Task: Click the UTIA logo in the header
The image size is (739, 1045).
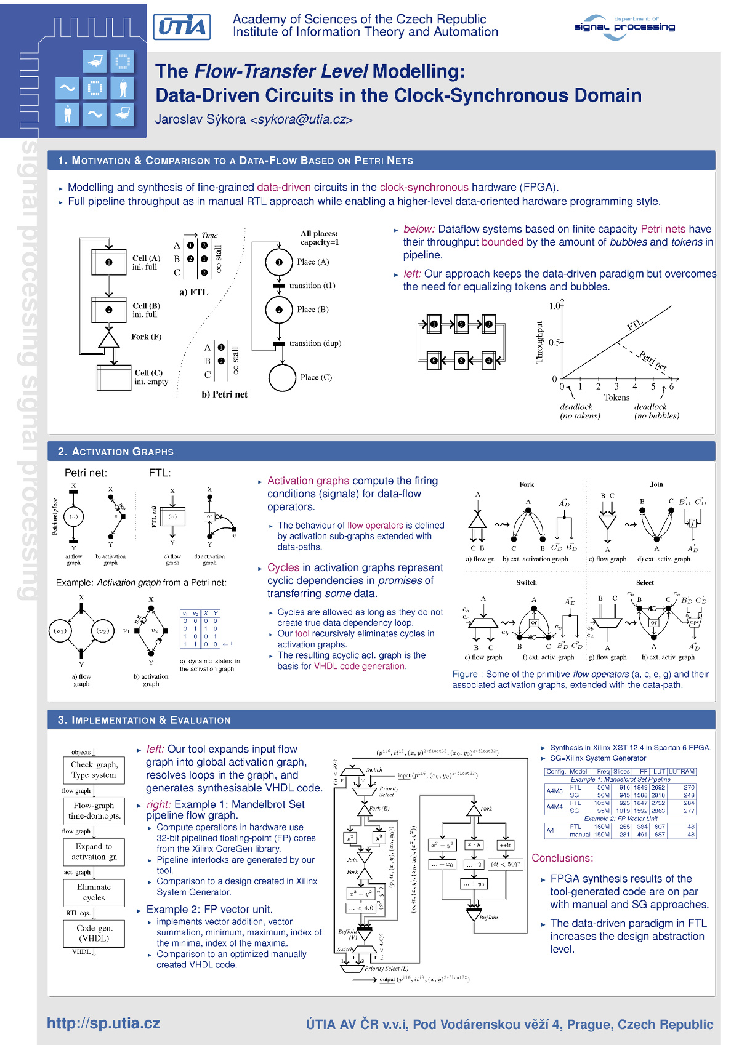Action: [x=182, y=27]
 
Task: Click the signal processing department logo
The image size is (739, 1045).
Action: [x=624, y=27]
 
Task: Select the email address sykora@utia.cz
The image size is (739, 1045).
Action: [x=301, y=119]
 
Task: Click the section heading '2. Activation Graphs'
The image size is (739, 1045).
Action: [x=116, y=452]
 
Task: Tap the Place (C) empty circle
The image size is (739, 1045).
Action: [x=282, y=378]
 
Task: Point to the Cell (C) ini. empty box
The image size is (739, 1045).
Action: [x=114, y=377]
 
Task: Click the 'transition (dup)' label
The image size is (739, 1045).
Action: [x=315, y=343]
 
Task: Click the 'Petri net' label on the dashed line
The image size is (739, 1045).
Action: [x=652, y=360]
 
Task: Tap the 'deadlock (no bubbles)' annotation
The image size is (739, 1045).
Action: [x=656, y=411]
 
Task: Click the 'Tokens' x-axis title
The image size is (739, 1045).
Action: [x=616, y=398]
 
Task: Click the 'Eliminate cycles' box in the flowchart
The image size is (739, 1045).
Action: [x=94, y=892]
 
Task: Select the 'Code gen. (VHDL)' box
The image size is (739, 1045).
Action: [x=94, y=933]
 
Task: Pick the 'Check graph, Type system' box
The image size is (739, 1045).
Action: [x=94, y=770]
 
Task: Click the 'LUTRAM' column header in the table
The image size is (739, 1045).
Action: [x=682, y=771]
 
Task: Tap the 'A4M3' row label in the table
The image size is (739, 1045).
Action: [x=554, y=791]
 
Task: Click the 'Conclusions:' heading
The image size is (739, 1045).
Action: [x=562, y=858]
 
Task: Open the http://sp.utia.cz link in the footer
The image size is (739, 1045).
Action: [x=103, y=1023]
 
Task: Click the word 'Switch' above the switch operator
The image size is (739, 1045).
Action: [x=526, y=582]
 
